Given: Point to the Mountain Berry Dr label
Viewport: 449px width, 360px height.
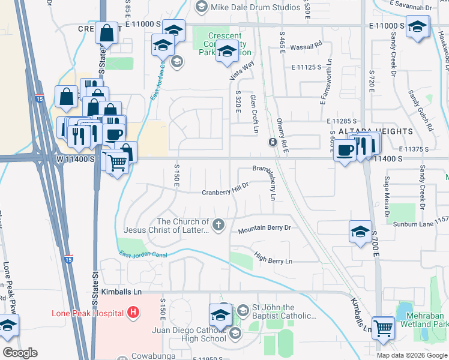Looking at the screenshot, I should (264, 229).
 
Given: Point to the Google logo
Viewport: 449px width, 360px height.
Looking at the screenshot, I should (20, 353).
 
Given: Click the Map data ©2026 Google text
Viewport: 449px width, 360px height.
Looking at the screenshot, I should (411, 355).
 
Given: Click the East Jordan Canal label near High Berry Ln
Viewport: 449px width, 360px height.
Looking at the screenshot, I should (143, 256).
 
